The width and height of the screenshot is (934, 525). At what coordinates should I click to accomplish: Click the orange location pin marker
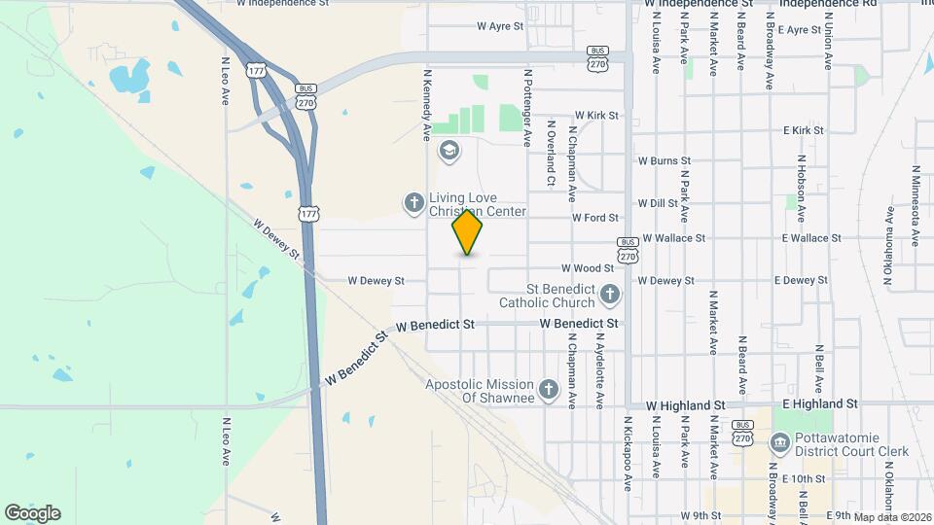(x=467, y=232)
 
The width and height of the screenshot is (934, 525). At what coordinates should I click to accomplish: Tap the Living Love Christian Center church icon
(x=413, y=203)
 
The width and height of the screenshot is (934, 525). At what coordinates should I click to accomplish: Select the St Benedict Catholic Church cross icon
(x=610, y=294)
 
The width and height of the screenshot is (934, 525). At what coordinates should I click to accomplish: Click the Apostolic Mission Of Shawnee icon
(x=549, y=391)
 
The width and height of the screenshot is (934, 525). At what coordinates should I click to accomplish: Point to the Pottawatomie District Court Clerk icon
(x=780, y=443)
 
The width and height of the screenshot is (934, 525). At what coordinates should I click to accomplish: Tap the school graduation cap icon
(x=449, y=150)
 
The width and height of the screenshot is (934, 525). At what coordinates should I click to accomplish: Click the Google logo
(x=32, y=513)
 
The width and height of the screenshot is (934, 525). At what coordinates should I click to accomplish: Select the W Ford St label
(x=594, y=218)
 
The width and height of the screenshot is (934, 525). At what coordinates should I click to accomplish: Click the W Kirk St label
(x=596, y=115)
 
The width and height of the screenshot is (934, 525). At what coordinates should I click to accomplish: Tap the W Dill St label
(x=658, y=203)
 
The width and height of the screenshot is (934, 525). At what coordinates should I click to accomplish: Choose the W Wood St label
(x=587, y=268)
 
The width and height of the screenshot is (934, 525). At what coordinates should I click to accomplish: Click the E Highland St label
(x=819, y=403)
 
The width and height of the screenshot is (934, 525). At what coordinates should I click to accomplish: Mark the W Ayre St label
(x=500, y=27)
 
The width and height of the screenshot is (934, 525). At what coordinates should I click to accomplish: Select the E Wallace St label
(x=811, y=238)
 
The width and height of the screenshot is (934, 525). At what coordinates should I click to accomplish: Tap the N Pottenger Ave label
(x=528, y=107)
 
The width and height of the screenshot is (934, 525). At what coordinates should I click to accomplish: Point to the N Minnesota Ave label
(x=916, y=205)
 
